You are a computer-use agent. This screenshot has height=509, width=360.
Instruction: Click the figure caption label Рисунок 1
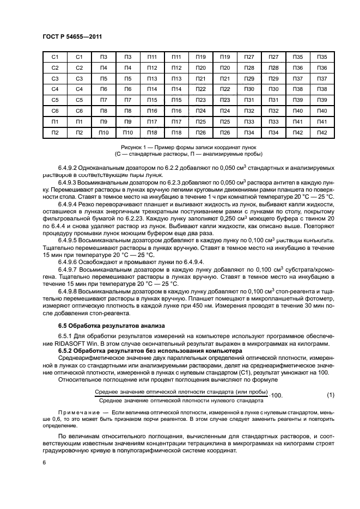(133, 148)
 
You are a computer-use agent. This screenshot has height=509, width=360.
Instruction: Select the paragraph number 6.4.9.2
(69, 168)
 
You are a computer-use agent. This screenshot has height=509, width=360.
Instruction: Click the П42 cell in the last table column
(322, 133)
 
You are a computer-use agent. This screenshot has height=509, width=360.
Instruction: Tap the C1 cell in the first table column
(54, 57)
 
